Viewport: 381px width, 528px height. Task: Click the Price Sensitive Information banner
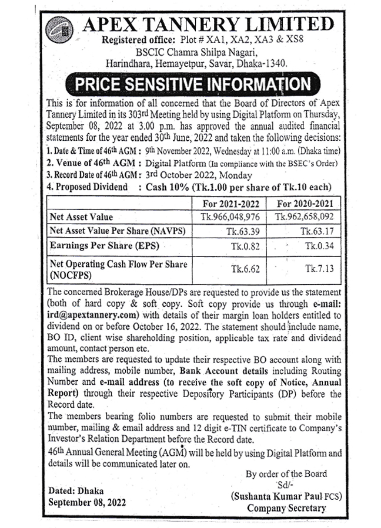point(191,84)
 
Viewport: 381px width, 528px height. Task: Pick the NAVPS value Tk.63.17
point(317,231)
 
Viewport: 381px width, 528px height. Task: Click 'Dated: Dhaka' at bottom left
point(75,490)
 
